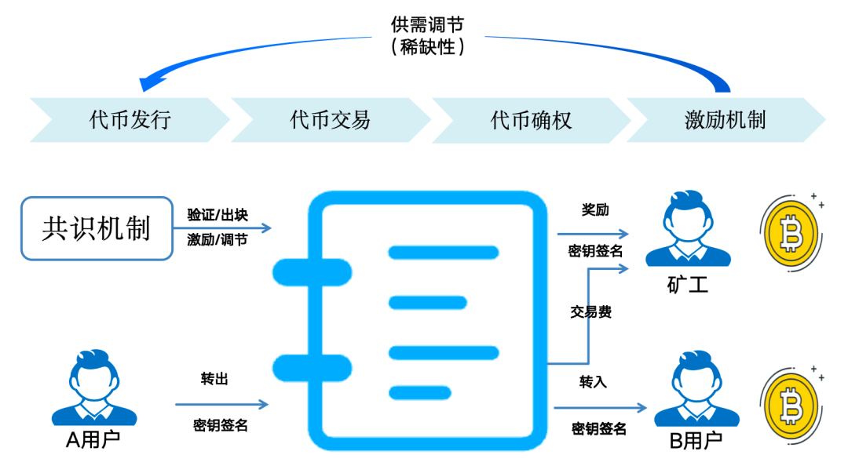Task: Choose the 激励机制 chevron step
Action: tap(725, 120)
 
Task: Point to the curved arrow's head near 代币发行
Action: tap(149, 82)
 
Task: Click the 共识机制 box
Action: tap(97, 228)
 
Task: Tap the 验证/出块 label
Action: tap(217, 215)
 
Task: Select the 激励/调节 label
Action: tap(217, 240)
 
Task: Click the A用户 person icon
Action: tap(94, 388)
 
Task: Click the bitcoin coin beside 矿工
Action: tap(791, 231)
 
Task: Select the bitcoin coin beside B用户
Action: tap(791, 404)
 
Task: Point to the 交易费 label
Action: tap(590, 312)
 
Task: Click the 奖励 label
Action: tap(594, 210)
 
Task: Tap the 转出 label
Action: tap(214, 380)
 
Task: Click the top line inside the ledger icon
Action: tap(444, 253)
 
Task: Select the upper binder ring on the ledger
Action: tap(311, 272)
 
